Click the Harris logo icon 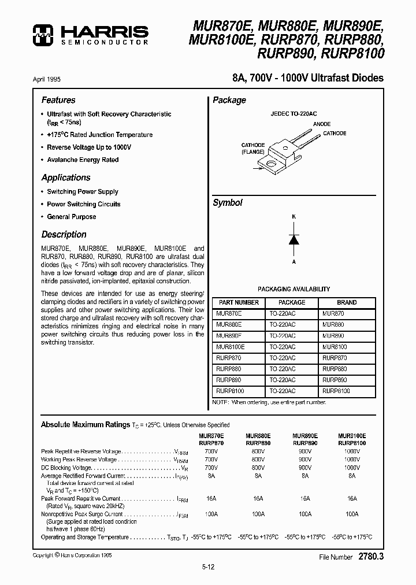(x=43, y=35)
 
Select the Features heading (x=58, y=100)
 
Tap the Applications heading (x=66, y=177)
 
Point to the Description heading (x=64, y=235)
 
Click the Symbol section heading (x=228, y=203)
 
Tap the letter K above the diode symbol (x=294, y=216)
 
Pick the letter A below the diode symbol (x=294, y=262)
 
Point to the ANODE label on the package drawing (x=322, y=124)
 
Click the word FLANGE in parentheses (x=253, y=152)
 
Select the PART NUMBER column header (x=237, y=302)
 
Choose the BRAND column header (x=347, y=302)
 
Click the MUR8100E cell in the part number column (x=231, y=347)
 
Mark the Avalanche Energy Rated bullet (x=83, y=160)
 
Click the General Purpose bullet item (x=72, y=217)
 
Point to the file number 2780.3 (x=371, y=557)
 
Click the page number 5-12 (x=207, y=567)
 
